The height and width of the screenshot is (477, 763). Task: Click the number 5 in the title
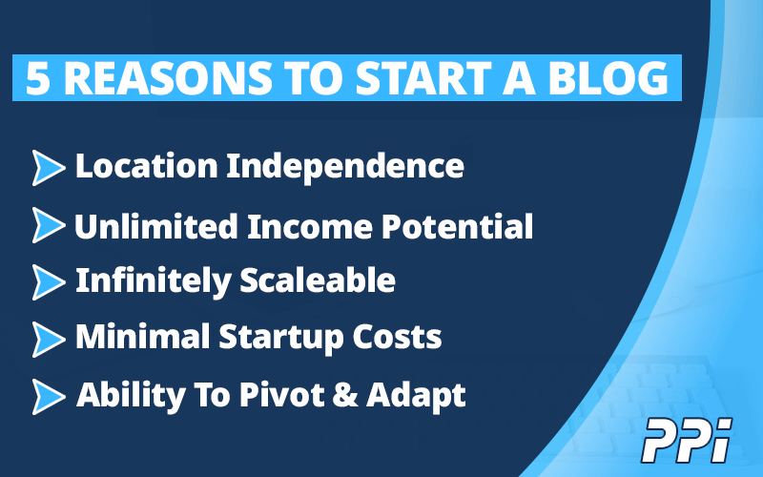(38, 78)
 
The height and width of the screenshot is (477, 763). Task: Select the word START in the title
(423, 78)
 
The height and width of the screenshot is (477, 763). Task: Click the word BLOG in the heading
(608, 78)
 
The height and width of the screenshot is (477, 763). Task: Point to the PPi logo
(687, 440)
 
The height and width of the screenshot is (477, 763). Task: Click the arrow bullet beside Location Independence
(49, 168)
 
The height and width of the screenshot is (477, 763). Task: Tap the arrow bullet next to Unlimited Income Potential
(49, 225)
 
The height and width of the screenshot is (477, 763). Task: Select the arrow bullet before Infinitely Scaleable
(49, 281)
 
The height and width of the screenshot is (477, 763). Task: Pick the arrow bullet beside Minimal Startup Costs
(49, 339)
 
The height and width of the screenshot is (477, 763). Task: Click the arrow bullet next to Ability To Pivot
(49, 396)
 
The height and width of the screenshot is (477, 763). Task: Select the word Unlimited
(156, 226)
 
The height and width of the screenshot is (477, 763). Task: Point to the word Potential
(457, 226)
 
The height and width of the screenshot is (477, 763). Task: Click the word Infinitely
(154, 281)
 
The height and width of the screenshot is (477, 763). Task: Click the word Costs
(397, 337)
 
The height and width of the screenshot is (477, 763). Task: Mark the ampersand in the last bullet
(345, 394)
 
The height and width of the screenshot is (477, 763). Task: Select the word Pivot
(281, 394)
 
